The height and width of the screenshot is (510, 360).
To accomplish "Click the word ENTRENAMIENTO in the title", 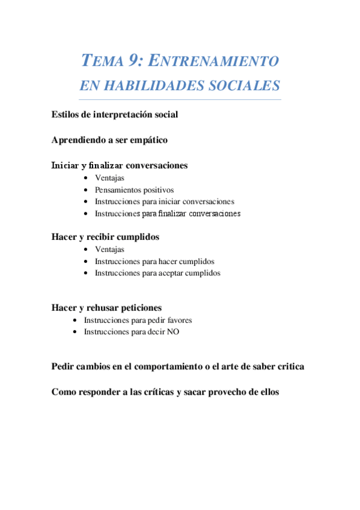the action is (x=213, y=61).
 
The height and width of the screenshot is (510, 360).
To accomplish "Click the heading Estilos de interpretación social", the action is (x=115, y=114).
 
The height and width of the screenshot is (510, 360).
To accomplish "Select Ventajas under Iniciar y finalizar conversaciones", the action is (x=109, y=178).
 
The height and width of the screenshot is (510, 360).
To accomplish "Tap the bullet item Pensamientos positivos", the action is (x=134, y=190).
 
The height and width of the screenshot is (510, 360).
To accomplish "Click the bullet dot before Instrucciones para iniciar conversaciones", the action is (x=87, y=202).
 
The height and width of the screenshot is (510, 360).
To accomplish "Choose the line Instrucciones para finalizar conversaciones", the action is (x=168, y=214).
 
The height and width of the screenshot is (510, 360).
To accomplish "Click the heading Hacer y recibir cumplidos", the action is (x=105, y=237).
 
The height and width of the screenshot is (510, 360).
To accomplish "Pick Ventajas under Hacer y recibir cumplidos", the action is (x=109, y=249).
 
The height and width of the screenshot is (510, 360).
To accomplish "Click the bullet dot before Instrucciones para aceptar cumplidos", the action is (x=87, y=273).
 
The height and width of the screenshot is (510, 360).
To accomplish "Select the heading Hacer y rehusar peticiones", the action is (x=106, y=308).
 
